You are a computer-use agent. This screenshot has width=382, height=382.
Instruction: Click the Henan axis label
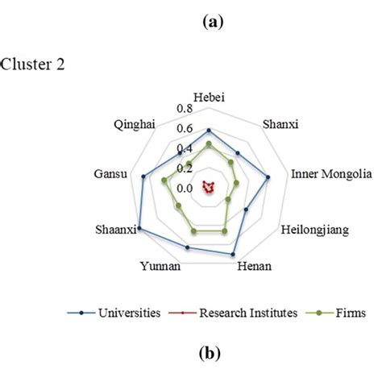coord(254,267)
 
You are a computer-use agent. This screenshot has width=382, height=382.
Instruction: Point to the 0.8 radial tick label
coord(185,110)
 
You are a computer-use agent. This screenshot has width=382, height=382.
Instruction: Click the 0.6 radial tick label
coord(185,129)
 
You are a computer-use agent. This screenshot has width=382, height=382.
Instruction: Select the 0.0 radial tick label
coord(185,189)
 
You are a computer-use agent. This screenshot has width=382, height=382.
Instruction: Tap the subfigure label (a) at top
coord(213,25)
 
